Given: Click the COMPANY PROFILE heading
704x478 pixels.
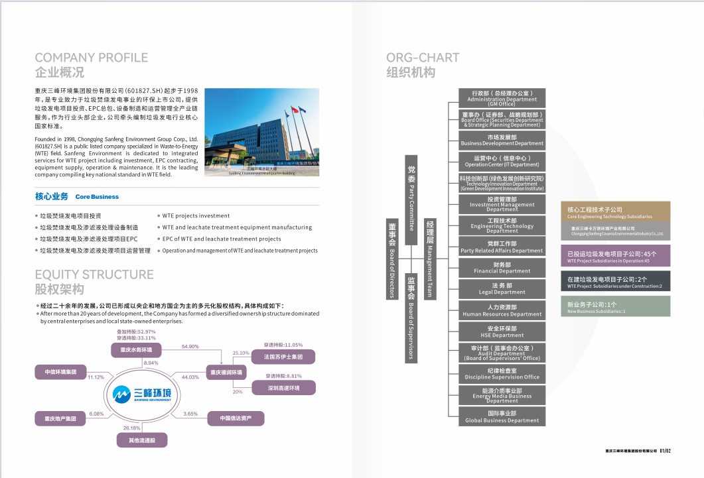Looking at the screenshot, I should point(92,58).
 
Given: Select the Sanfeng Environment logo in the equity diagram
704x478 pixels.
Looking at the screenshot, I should point(142,394).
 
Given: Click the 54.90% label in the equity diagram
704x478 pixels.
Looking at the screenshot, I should point(190,347).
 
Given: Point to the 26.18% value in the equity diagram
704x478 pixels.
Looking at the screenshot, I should point(131,428).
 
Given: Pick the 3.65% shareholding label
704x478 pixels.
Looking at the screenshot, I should point(190,414).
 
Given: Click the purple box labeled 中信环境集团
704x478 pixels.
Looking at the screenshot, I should point(60,372).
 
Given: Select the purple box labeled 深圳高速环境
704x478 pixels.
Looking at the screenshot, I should point(284,388).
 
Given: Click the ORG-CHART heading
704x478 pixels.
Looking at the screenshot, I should point(423,58).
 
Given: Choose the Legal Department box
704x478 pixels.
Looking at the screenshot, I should point(502,289).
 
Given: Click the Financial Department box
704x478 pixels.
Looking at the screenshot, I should point(502,268).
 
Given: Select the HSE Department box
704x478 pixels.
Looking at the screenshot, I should point(502,332).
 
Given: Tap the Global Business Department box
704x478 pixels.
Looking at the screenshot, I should point(502,417).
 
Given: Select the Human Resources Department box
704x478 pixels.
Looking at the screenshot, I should point(502,310).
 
